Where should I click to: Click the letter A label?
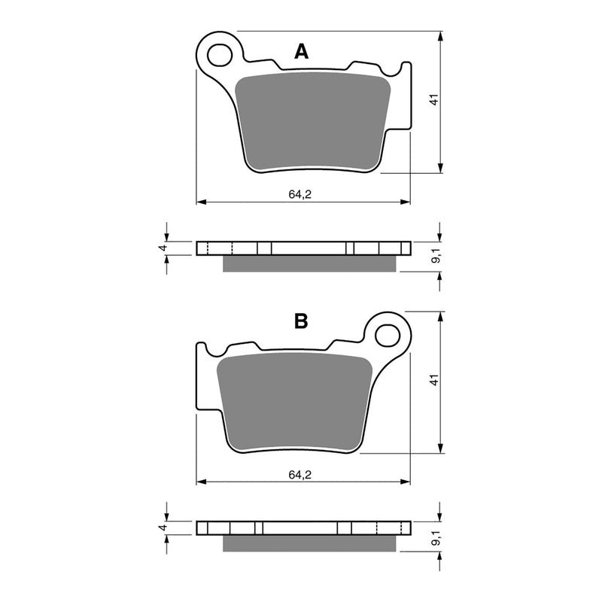point(301,51)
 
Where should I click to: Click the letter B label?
point(301,322)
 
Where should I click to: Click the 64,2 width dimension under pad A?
point(299,194)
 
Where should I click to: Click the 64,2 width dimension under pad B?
point(299,473)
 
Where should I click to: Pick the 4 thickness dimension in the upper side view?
point(161,248)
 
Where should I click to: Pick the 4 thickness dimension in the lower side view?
point(161,528)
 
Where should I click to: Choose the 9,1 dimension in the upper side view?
point(433,256)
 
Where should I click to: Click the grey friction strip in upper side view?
point(310,263)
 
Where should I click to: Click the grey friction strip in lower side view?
point(310,543)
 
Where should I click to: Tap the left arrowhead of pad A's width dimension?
point(200,202)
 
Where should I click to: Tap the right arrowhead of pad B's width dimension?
point(406,481)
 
